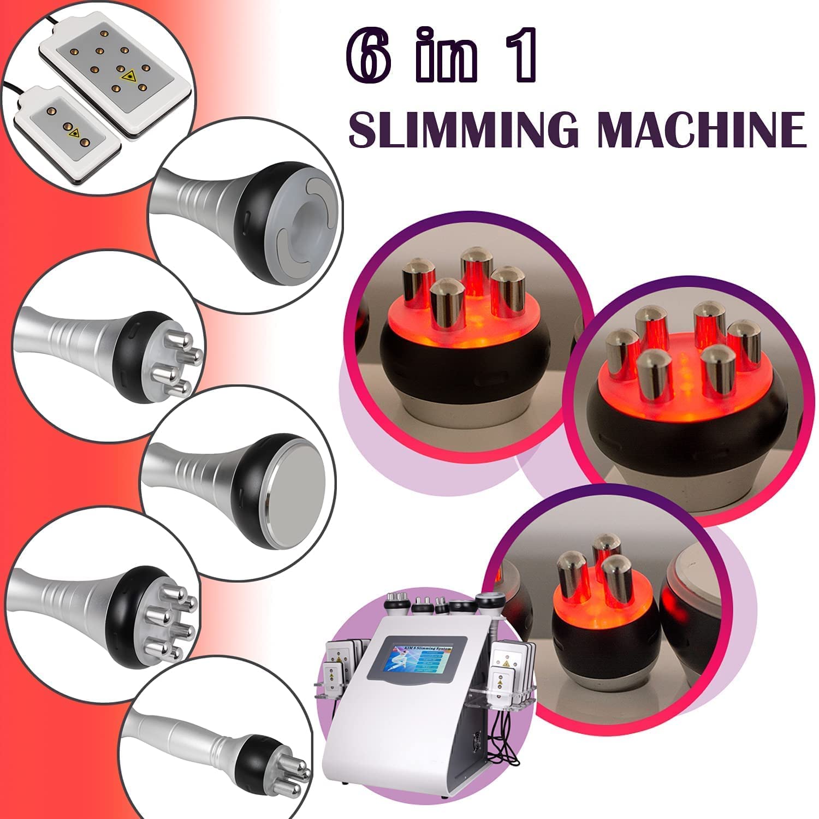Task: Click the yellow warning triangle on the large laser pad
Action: pyautogui.click(x=130, y=75)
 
